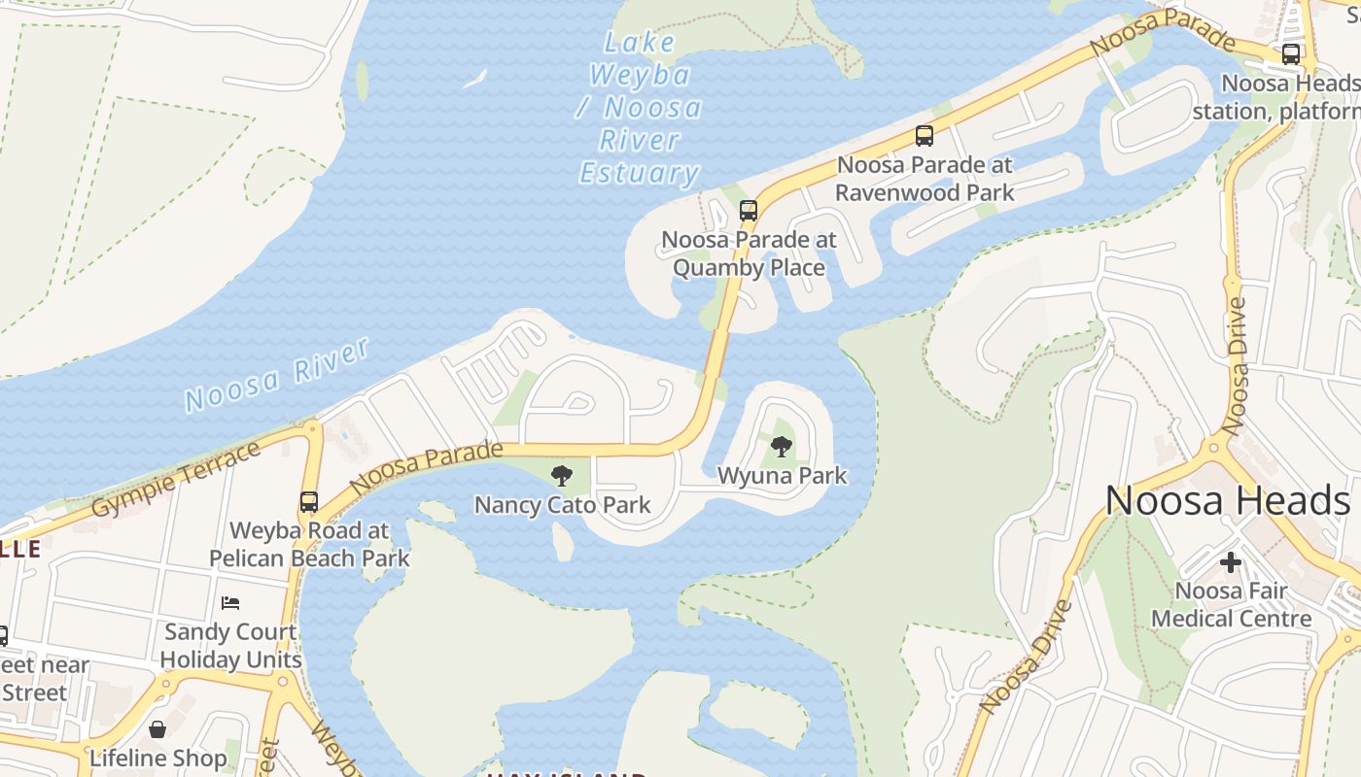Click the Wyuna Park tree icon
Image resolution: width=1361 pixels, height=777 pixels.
(781, 447)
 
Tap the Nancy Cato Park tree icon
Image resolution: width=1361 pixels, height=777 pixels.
(561, 475)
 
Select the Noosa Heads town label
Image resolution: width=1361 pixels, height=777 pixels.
(1227, 501)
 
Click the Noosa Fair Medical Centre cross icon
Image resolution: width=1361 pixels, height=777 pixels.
(1231, 561)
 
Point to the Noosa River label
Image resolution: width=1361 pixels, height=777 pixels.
(277, 375)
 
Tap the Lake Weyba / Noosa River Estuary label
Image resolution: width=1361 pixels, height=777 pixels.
(640, 108)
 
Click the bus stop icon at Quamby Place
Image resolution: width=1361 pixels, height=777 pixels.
(748, 210)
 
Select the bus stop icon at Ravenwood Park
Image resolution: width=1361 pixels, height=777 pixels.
(924, 136)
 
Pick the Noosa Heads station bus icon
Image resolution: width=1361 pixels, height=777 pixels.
(1290, 54)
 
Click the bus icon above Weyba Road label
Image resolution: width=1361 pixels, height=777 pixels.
(308, 502)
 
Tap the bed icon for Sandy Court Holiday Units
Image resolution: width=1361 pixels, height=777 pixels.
(230, 602)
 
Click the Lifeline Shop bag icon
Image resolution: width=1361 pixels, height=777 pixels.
(157, 728)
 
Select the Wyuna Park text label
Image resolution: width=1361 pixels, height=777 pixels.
(782, 476)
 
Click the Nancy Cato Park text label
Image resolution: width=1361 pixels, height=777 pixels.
(562, 505)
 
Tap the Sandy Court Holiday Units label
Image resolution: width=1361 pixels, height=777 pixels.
(230, 645)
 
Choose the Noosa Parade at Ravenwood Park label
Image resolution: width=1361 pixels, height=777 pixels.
(924, 179)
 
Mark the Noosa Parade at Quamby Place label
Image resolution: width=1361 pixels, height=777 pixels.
(749, 253)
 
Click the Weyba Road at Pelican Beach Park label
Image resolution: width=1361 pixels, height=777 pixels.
(309, 545)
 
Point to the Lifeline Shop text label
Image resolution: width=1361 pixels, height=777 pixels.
(157, 758)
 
